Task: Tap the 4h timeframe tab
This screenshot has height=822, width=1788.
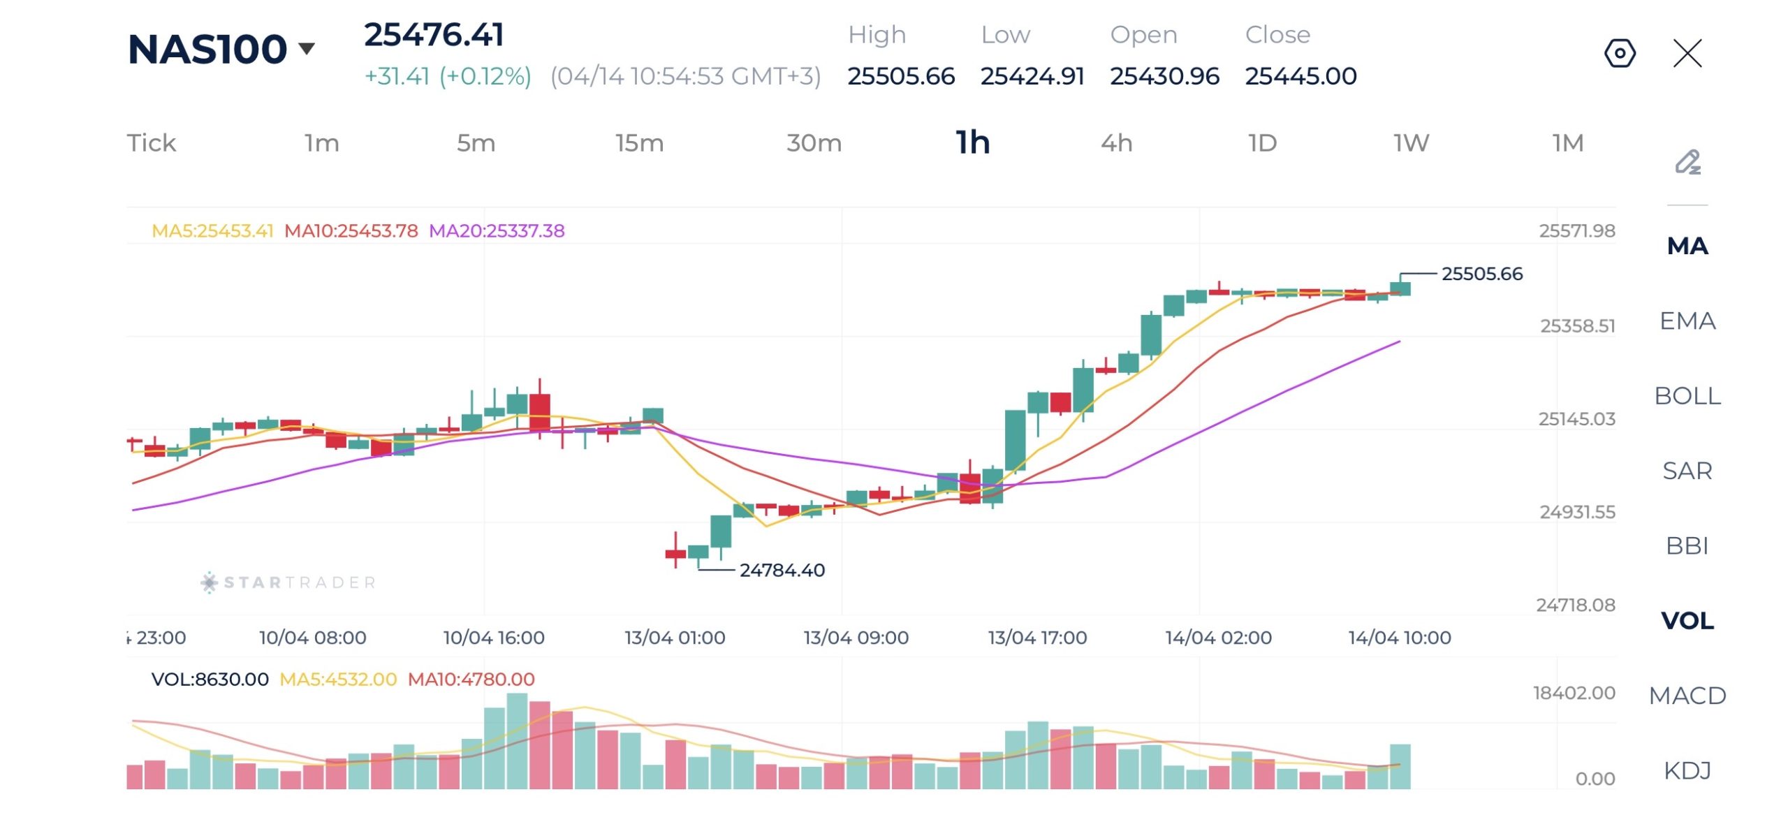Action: pyautogui.click(x=1116, y=143)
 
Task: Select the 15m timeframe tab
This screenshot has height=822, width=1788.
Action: pyautogui.click(x=639, y=143)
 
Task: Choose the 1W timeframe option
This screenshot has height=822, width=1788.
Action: pyautogui.click(x=1411, y=143)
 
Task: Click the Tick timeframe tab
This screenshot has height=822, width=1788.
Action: pyautogui.click(x=152, y=143)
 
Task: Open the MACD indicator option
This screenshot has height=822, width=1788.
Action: pyautogui.click(x=1687, y=696)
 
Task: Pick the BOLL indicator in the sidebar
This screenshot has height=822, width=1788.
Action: pyautogui.click(x=1687, y=396)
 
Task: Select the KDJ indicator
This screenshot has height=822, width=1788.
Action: pyautogui.click(x=1687, y=770)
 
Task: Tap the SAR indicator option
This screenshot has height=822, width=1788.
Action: pyautogui.click(x=1687, y=471)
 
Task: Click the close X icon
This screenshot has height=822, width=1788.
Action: pyautogui.click(x=1687, y=53)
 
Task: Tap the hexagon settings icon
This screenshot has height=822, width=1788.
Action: pyautogui.click(x=1620, y=53)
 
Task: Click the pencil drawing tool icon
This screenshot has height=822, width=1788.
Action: pyautogui.click(x=1687, y=162)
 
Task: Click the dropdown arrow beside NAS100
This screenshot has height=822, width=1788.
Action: pyautogui.click(x=307, y=48)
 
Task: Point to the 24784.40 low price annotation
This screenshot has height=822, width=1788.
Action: pyautogui.click(x=782, y=571)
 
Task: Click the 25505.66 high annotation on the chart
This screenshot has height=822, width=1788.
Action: pyautogui.click(x=1481, y=274)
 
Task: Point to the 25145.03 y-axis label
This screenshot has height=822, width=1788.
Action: pyautogui.click(x=1576, y=419)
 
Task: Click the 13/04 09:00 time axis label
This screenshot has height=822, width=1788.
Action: pyautogui.click(x=856, y=638)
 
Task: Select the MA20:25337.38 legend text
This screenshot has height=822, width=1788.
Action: pyautogui.click(x=497, y=231)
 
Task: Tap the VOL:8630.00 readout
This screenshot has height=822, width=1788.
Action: pyautogui.click(x=210, y=680)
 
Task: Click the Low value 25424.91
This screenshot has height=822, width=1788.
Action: pyautogui.click(x=1032, y=76)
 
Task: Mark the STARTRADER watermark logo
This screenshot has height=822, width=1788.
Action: pyautogui.click(x=288, y=582)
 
